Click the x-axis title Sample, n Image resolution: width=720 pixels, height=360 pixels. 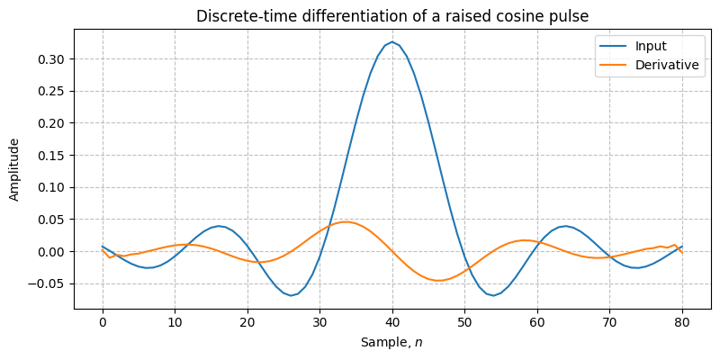(x=391, y=342)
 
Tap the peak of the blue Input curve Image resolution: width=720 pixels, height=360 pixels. (x=392, y=41)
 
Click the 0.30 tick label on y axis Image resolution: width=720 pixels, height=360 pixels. (x=50, y=59)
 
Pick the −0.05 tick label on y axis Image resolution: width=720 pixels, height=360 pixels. (x=47, y=283)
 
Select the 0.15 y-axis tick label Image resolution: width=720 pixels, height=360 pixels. (x=50, y=156)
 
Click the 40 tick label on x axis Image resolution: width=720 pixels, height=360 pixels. (x=392, y=322)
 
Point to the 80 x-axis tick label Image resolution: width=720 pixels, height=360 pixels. (x=682, y=322)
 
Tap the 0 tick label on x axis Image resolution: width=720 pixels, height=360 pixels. (x=103, y=322)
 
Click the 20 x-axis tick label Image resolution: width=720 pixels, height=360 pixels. (x=247, y=322)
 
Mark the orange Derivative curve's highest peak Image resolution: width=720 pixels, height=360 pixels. (x=347, y=221)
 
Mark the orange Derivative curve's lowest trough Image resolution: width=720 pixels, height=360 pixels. (x=438, y=281)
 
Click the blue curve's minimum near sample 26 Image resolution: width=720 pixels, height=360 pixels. (x=290, y=295)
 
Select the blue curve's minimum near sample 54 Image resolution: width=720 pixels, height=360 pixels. (x=494, y=295)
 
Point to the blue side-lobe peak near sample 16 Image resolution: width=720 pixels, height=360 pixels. (x=219, y=226)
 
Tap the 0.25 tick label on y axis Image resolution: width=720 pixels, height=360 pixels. (x=50, y=91)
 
